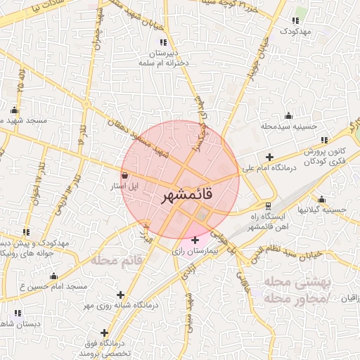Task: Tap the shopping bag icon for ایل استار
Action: (124, 176)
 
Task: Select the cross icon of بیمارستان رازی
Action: (195, 240)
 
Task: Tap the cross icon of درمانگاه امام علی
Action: (269, 157)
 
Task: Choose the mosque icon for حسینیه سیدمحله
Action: (288, 116)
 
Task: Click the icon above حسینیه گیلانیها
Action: (321, 199)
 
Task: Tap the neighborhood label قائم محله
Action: (117, 259)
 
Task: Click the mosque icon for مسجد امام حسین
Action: (54, 276)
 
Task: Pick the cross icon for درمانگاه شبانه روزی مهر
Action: (121, 295)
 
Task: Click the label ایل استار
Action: (124, 187)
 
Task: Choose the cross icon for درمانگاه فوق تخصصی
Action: (104, 333)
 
